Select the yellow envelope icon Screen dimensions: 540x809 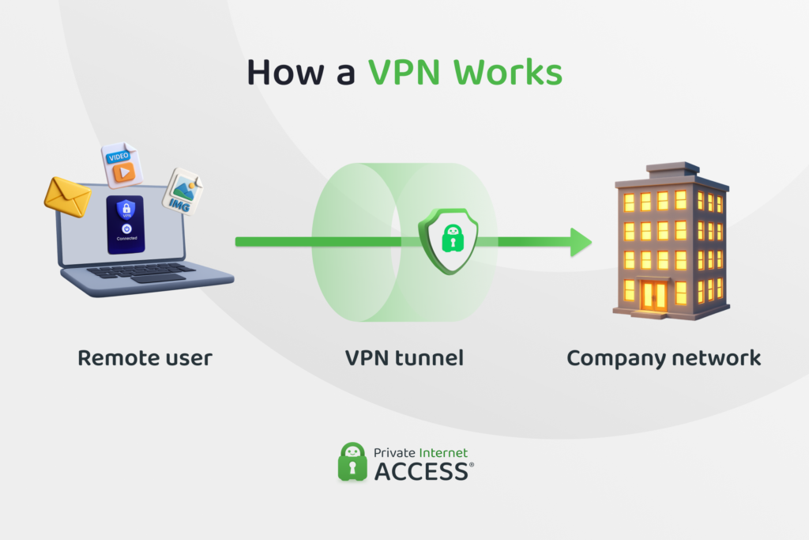click(x=67, y=196)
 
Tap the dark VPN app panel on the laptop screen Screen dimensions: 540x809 click(x=126, y=225)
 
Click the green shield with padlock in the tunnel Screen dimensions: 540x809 click(x=448, y=240)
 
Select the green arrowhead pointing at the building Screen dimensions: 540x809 click(x=581, y=241)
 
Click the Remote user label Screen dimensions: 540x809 click(x=145, y=358)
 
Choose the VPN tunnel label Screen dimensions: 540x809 click(x=404, y=358)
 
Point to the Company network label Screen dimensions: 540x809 click(x=664, y=358)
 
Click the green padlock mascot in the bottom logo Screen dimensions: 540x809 click(x=352, y=462)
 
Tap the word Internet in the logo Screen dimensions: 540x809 click(x=443, y=453)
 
